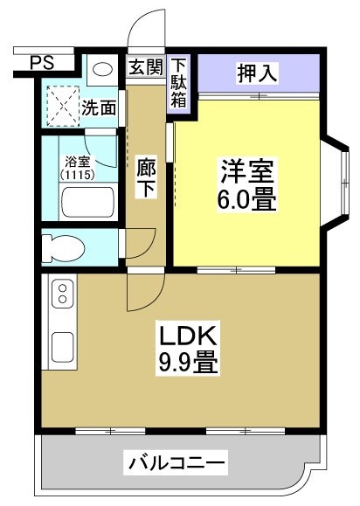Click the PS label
coord(41,62)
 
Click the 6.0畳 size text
coord(247,201)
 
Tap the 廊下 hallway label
coord(146,177)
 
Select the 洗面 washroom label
coord(99,107)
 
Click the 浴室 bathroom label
coord(78,161)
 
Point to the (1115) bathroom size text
coord(78,175)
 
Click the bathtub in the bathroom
coord(87,203)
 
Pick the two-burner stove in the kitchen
coord(63,294)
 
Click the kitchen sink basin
coord(63,347)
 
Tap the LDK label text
coord(187,334)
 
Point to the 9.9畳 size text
coord(187,361)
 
